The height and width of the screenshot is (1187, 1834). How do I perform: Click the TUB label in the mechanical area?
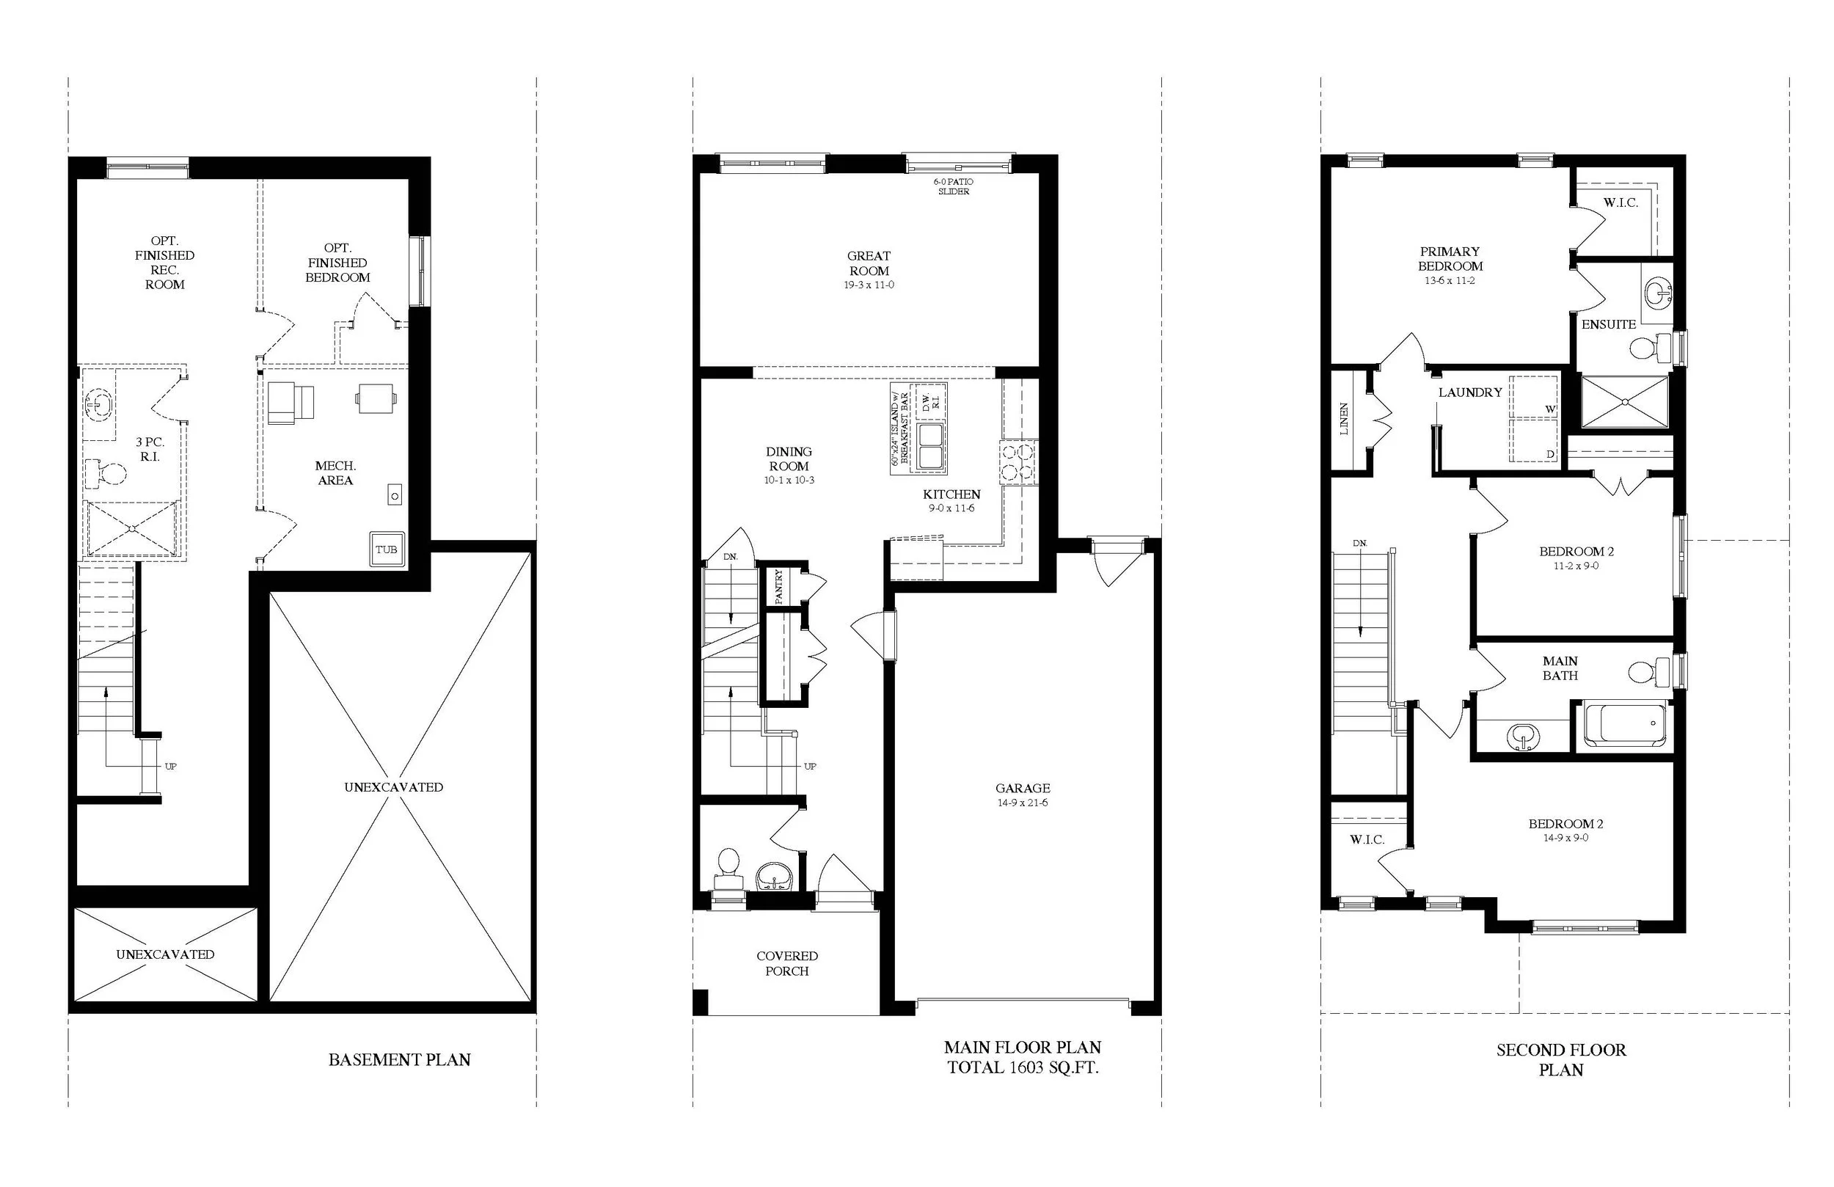[x=386, y=549]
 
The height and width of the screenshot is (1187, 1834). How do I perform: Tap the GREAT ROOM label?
[x=869, y=263]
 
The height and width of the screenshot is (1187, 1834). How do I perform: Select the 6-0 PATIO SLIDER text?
[x=953, y=186]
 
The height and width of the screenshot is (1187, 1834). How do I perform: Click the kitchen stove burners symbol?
[x=1019, y=461]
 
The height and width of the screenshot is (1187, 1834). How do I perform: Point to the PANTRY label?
[x=778, y=585]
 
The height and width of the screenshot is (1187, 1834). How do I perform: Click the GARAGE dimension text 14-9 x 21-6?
[x=1023, y=803]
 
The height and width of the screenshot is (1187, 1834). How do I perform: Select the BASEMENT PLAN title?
[x=399, y=1060]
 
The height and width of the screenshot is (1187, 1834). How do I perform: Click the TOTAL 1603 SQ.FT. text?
[x=1023, y=1067]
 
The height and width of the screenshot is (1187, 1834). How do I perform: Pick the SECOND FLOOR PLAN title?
[x=1561, y=1060]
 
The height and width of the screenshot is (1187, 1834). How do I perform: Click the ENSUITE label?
[x=1609, y=324]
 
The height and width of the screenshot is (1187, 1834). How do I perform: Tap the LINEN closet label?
[x=1344, y=420]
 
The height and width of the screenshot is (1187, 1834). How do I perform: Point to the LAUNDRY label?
[x=1470, y=392]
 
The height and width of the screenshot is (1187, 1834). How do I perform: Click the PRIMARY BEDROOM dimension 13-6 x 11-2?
[x=1450, y=280]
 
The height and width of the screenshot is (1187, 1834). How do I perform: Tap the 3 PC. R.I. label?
[x=150, y=450]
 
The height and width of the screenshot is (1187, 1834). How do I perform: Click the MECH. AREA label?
[x=335, y=472]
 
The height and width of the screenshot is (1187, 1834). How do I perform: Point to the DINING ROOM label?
[x=789, y=459]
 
